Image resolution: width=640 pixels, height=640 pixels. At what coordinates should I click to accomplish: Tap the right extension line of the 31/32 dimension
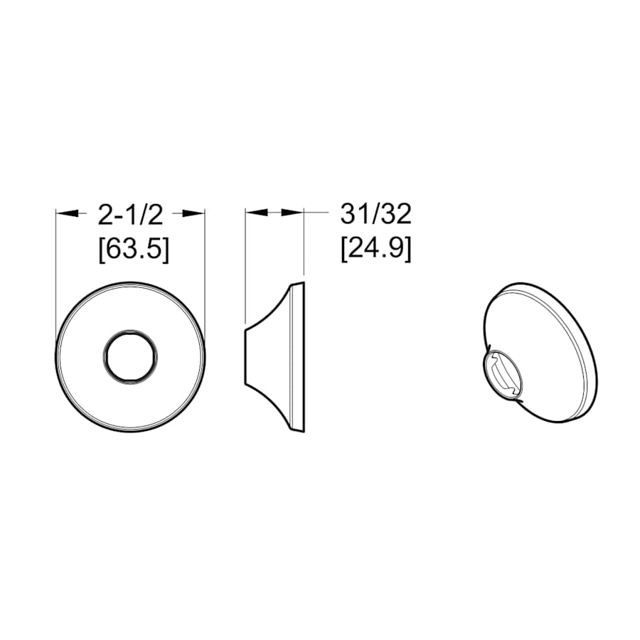(x=304, y=242)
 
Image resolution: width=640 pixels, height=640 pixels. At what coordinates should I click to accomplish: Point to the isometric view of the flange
(x=540, y=356)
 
